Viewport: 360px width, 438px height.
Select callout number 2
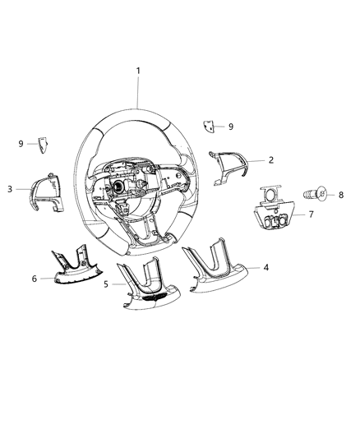point(270,160)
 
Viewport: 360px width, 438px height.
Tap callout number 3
point(9,189)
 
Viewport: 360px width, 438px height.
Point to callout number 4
point(265,266)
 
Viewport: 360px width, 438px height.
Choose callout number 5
point(107,284)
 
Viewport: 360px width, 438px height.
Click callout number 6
point(35,279)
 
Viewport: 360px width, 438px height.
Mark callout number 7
point(312,214)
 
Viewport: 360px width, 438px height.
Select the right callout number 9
point(231,127)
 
